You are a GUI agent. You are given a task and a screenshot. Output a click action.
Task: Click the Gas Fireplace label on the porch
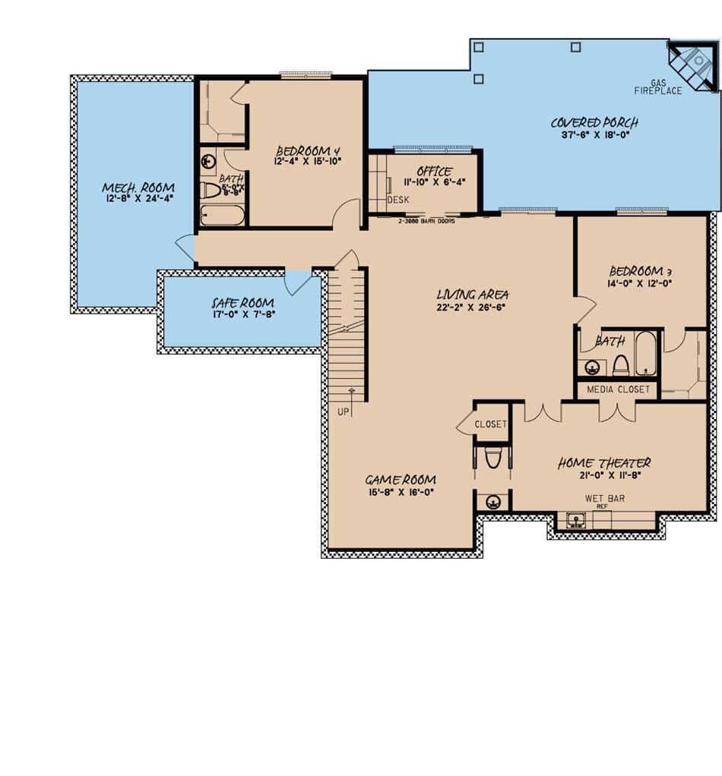pyautogui.click(x=658, y=87)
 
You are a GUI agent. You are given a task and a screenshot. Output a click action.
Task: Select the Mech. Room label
pyautogui.click(x=138, y=188)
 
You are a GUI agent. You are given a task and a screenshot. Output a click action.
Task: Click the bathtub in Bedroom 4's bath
pyautogui.click(x=223, y=215)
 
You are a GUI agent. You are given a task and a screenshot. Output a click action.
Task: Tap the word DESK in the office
pyautogui.click(x=398, y=200)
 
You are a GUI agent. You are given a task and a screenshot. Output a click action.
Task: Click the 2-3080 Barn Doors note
pyautogui.click(x=426, y=222)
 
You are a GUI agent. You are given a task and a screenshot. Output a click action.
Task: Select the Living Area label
pyautogui.click(x=473, y=295)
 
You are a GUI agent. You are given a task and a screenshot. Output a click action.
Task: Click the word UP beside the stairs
pyautogui.click(x=343, y=411)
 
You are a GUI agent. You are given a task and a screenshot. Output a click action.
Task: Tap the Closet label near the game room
pyautogui.click(x=490, y=424)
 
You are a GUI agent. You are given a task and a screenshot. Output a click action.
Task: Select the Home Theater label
pyautogui.click(x=604, y=463)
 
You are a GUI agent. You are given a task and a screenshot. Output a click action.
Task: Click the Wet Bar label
pyautogui.click(x=604, y=499)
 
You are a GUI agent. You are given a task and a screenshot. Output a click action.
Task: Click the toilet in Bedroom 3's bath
pyautogui.click(x=620, y=367)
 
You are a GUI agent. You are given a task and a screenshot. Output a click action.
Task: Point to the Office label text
pyautogui.click(x=434, y=172)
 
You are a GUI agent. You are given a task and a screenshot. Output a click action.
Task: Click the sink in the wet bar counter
pyautogui.click(x=576, y=520)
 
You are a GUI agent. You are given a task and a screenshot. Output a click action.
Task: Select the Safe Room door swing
pyautogui.click(x=296, y=282)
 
